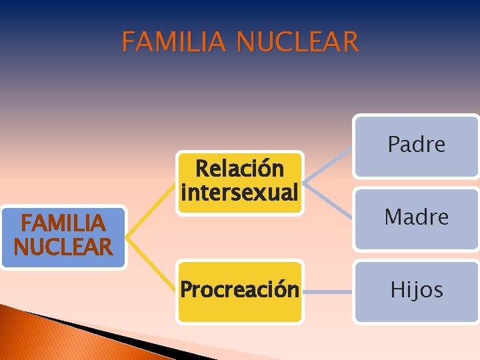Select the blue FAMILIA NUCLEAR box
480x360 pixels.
click(x=63, y=236)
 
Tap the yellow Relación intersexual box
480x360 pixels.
click(x=239, y=181)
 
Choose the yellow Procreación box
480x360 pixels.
click(x=239, y=291)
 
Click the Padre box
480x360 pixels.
click(x=416, y=146)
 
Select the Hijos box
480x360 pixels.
click(x=416, y=291)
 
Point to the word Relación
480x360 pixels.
click(x=239, y=169)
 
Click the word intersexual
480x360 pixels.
click(x=239, y=193)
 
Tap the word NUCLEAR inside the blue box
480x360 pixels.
click(x=63, y=248)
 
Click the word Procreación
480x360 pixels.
click(x=239, y=291)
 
